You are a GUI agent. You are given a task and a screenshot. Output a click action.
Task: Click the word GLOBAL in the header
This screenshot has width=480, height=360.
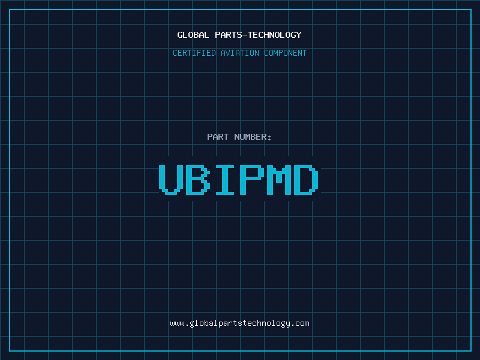[193, 35]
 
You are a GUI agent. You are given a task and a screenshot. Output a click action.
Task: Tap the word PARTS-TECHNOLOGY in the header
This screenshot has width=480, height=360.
[258, 35]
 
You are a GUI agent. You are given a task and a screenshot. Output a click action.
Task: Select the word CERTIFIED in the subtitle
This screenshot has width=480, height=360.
[194, 53]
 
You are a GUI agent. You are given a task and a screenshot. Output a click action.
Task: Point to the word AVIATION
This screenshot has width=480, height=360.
[240, 53]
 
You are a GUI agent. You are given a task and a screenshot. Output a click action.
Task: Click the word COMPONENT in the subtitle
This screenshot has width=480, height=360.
[286, 53]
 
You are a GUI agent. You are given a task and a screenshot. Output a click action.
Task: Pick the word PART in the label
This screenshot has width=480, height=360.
[218, 137]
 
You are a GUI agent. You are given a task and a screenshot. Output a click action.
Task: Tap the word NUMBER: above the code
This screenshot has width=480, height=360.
[253, 137]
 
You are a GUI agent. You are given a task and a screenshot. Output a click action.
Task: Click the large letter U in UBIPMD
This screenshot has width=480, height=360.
[171, 179]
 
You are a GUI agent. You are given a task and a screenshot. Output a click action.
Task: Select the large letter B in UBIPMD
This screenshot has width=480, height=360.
[198, 179]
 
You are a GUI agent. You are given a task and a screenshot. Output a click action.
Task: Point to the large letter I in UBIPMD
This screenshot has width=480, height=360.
[225, 179]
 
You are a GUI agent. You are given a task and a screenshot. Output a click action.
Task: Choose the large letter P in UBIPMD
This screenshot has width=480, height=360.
[252, 179]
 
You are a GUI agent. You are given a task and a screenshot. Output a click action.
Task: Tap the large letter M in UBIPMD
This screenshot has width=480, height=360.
[279, 179]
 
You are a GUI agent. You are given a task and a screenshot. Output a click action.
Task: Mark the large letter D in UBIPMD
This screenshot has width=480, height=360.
[306, 179]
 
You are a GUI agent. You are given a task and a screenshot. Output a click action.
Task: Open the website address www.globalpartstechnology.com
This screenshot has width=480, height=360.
[239, 323]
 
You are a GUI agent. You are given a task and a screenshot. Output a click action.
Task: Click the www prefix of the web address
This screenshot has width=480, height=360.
[177, 323]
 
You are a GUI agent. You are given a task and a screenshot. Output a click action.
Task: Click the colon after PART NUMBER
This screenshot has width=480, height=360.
[269, 137]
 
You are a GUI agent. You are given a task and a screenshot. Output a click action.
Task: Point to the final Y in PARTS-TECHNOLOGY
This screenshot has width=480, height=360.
[299, 35]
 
